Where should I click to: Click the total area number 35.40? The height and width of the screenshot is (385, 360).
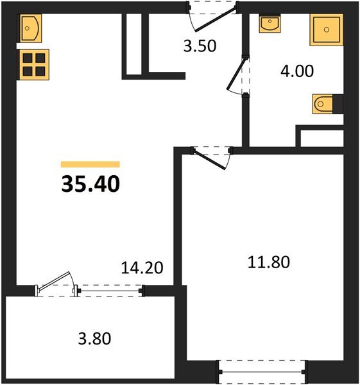[x=90, y=185]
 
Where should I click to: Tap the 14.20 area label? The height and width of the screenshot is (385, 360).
[x=141, y=268]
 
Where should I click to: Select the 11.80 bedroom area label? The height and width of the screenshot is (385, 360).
[x=269, y=262]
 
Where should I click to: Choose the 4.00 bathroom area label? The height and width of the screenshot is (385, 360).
[x=296, y=71]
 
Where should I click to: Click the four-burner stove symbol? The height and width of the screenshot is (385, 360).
[x=34, y=64]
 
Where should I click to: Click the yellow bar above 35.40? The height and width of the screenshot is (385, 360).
[x=90, y=164]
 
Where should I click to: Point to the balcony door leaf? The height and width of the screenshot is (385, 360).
[x=55, y=283]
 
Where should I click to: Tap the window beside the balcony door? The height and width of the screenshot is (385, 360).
[x=109, y=291]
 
